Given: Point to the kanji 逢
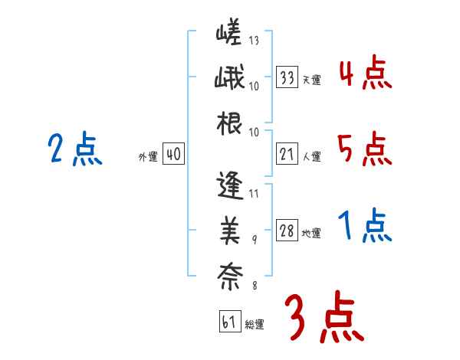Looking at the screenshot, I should [x=230, y=186].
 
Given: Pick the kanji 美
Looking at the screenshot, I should [x=230, y=229].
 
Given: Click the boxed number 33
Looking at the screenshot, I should [x=287, y=77].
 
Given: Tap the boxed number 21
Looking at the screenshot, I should [x=287, y=155].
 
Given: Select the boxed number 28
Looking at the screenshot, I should [x=287, y=231].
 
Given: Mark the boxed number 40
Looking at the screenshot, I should [x=173, y=155].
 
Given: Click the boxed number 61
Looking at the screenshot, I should [x=229, y=322].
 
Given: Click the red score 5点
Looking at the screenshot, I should [x=365, y=149].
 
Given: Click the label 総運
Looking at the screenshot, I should [x=255, y=325].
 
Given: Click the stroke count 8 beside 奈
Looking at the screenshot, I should [x=255, y=286].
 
